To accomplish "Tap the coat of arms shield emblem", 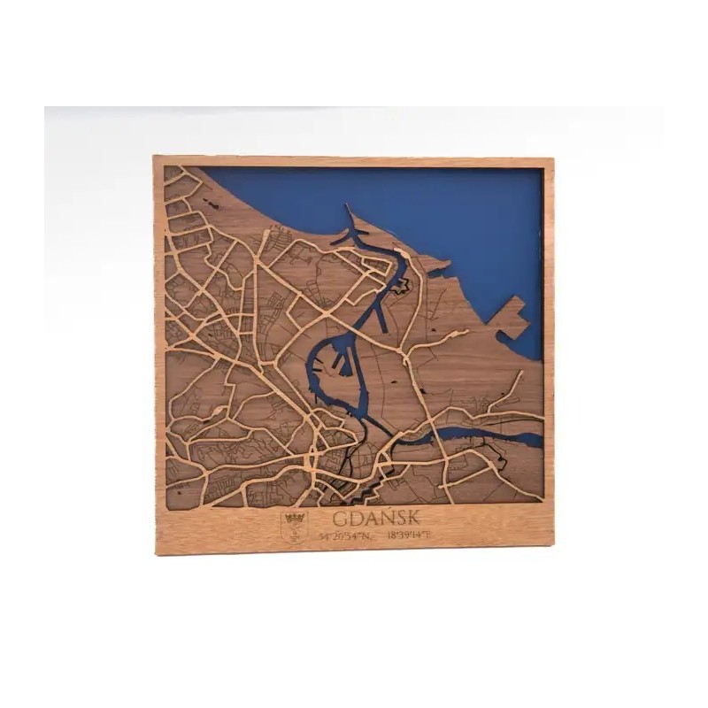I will tap(294, 527).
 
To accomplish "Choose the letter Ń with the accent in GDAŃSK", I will tap(384, 517).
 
